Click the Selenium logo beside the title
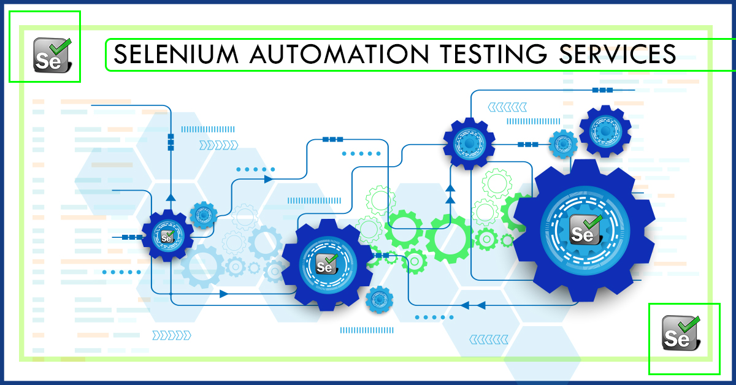click(x=52, y=55)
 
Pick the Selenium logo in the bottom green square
click(x=682, y=334)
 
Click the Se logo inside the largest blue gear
click(x=585, y=229)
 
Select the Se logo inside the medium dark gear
click(x=326, y=264)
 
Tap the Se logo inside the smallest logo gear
click(x=167, y=235)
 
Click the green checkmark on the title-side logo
click(x=61, y=45)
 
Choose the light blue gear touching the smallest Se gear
click(x=203, y=215)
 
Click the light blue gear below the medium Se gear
click(x=378, y=299)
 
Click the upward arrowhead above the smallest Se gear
click(x=171, y=197)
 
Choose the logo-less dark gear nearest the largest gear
click(x=605, y=131)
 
